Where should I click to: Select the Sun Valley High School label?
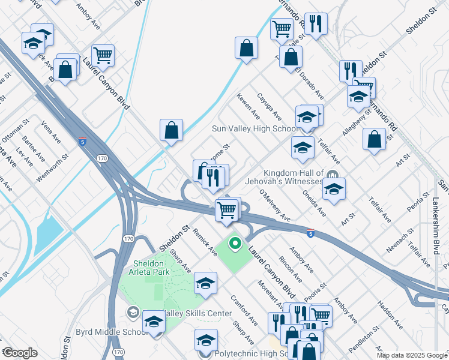coord(255,129)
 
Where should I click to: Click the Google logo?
coord(20,353)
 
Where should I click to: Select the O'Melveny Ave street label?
coord(275,205)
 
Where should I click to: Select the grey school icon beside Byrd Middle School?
coord(133,312)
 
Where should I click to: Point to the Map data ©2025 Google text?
coord(412,355)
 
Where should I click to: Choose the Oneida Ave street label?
coord(314,204)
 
